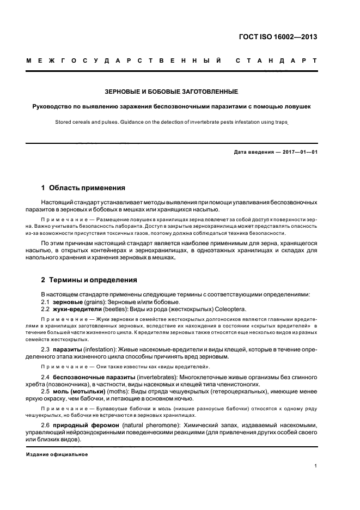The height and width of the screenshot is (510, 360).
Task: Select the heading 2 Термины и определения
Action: [x=89, y=280]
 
